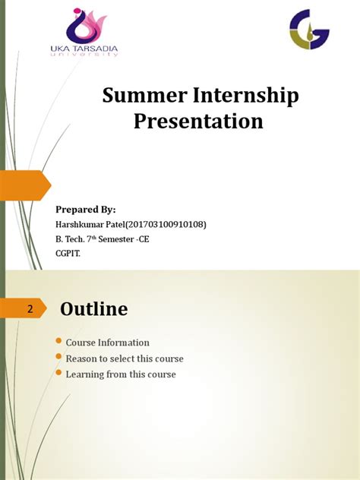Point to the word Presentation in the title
199,122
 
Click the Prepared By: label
86,209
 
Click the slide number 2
30,309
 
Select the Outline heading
94,309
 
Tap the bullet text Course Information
107,343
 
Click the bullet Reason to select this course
125,358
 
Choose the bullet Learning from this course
121,374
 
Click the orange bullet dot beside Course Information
59,343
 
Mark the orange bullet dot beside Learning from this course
59,374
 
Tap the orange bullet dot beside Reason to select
59,358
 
